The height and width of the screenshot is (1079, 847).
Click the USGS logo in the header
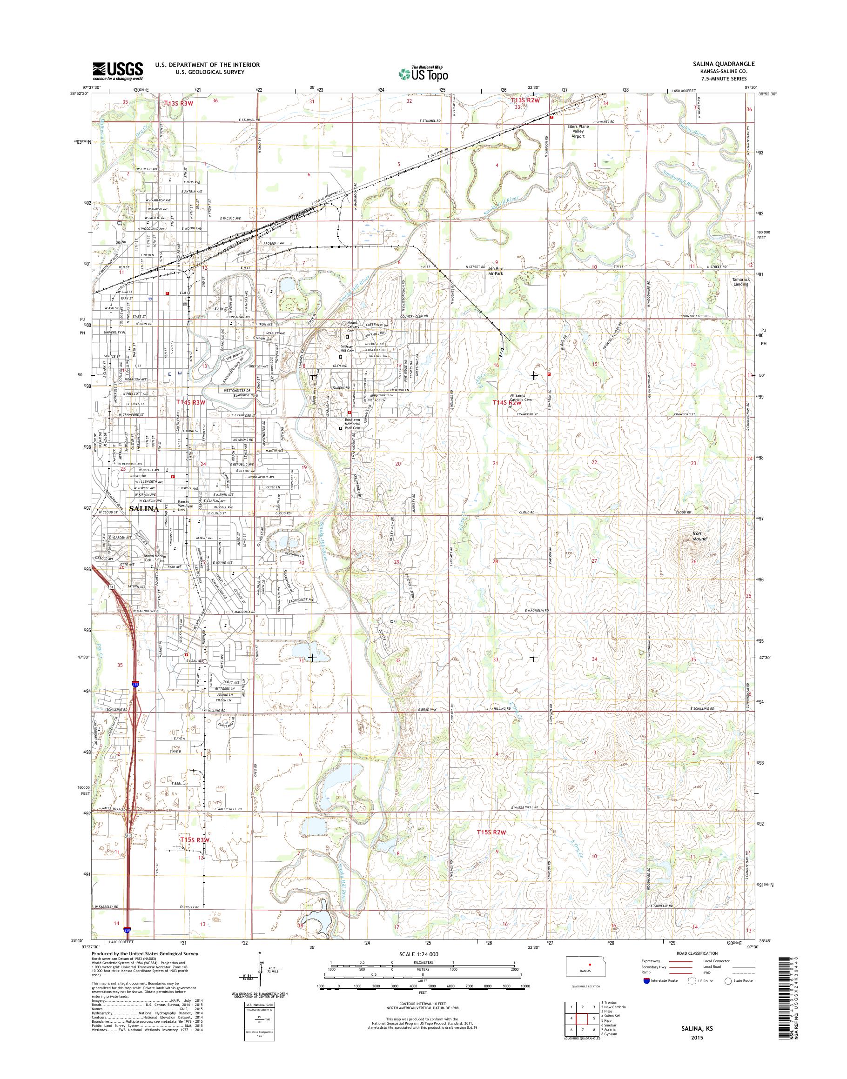pyautogui.click(x=118, y=71)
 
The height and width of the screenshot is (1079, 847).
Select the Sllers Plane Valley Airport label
pyautogui.click(x=578, y=131)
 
